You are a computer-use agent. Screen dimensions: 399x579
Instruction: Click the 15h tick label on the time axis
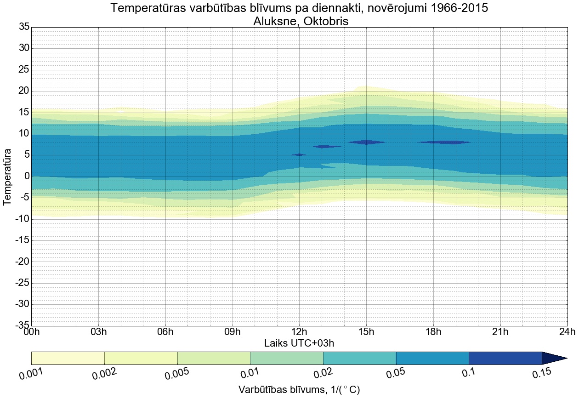coord(366,332)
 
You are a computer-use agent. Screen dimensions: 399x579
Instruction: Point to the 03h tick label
coord(98,332)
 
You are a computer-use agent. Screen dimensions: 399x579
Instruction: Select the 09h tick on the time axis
coord(232,332)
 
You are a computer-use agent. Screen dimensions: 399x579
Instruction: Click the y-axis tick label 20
coord(24,91)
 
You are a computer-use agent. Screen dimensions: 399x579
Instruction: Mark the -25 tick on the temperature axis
coord(22,283)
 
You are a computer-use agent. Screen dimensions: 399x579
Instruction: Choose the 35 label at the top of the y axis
coord(24,27)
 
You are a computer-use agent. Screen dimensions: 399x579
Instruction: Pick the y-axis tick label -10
coord(22,219)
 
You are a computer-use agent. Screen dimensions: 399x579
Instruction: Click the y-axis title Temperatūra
coord(8,177)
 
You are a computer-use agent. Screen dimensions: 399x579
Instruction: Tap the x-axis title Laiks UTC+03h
coord(302,343)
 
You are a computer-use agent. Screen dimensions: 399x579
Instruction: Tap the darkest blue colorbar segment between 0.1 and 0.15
coord(505,358)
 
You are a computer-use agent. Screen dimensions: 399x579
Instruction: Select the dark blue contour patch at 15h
coord(366,142)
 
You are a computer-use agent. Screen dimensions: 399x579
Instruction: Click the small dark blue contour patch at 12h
coord(299,155)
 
